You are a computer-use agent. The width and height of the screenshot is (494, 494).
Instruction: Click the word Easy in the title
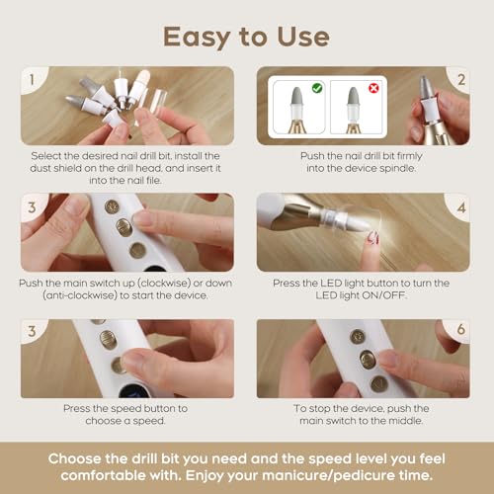pyautogui.click(x=197, y=38)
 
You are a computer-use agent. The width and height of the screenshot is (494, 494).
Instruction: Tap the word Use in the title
pyautogui.click(x=303, y=37)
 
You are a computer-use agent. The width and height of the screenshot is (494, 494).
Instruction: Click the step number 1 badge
pyautogui.click(x=32, y=80)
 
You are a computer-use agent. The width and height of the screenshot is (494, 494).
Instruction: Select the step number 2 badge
pyautogui.click(x=461, y=80)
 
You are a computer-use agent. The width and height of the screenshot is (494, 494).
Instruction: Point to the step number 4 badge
pyautogui.click(x=461, y=207)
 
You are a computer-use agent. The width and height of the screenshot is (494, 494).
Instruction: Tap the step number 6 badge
pyautogui.click(x=461, y=329)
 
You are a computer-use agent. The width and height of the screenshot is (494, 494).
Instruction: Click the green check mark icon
pyautogui.click(x=317, y=88)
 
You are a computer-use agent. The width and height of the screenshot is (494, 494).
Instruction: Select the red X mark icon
pyautogui.click(x=373, y=88)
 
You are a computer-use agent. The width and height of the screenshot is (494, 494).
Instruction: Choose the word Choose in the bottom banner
pyautogui.click(x=75, y=458)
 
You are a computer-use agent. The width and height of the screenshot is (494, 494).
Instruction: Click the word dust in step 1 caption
pyautogui.click(x=41, y=168)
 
